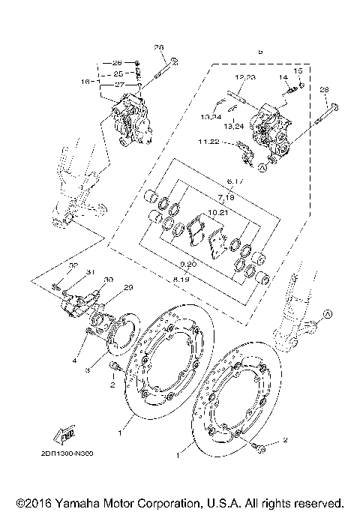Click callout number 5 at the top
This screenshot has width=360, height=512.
260,52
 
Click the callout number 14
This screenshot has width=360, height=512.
283,77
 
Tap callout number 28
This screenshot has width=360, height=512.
325,90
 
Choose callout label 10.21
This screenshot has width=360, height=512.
217,213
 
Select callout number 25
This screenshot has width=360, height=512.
118,75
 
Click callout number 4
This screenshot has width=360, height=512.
75,361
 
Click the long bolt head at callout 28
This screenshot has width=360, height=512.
334,107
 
